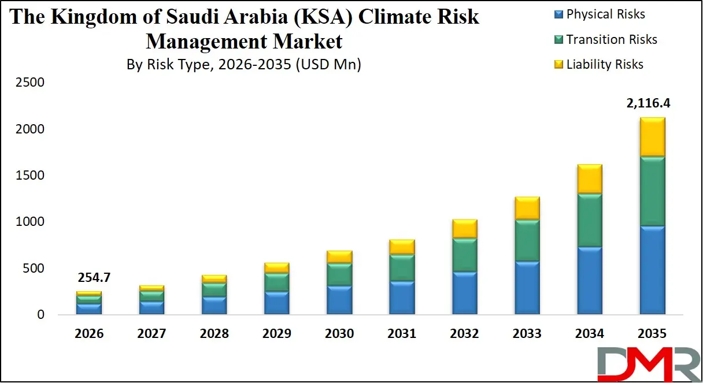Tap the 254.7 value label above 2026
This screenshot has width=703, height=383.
94,278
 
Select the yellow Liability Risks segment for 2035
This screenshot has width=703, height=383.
652,136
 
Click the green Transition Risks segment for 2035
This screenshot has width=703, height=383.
652,191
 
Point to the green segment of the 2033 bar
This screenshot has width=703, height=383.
527,240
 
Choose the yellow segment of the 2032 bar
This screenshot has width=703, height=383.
464,229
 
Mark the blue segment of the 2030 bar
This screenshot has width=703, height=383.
339,300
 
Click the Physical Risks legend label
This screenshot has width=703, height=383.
605,14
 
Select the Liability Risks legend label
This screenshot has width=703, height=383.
605,65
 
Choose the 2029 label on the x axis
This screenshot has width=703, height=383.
276,334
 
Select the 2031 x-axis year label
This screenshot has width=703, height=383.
402,334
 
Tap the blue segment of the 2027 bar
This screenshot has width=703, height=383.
151,307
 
